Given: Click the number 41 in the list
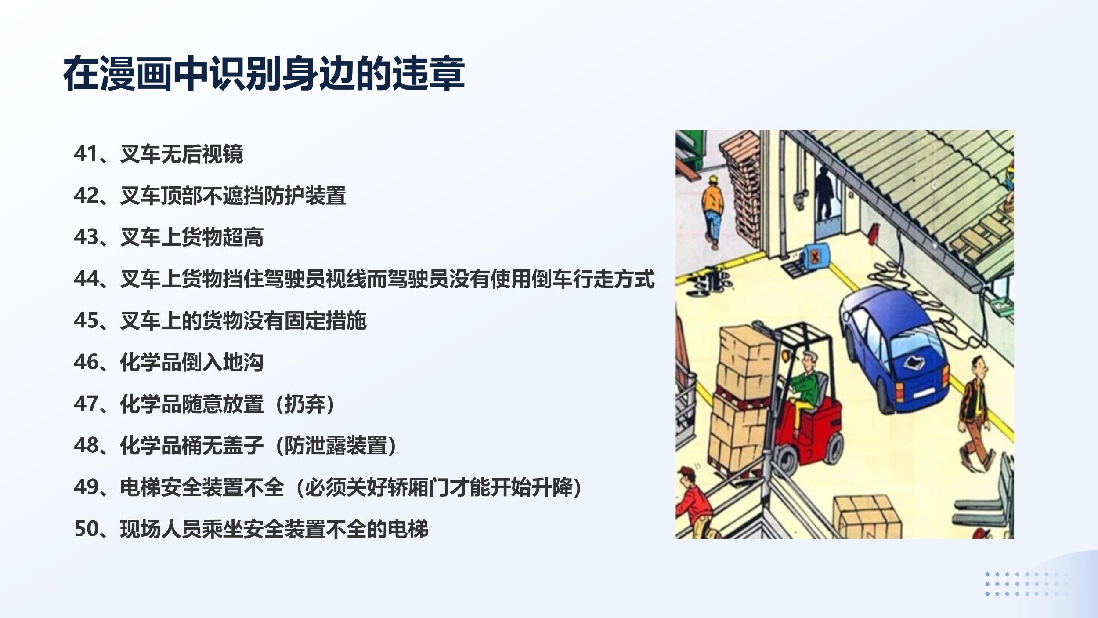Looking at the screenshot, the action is click(x=85, y=154).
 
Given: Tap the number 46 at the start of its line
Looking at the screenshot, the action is click(x=85, y=362).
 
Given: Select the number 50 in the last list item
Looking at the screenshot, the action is click(x=86, y=529).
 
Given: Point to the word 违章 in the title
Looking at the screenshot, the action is click(x=428, y=73).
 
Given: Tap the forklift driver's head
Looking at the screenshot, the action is click(x=809, y=361).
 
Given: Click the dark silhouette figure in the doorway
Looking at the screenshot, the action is click(x=824, y=193).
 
